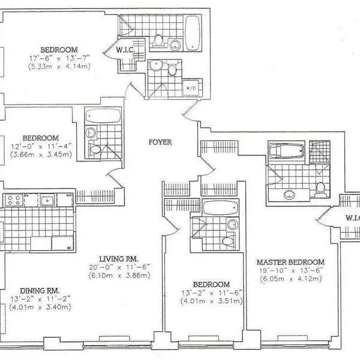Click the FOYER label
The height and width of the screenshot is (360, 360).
pyautogui.click(x=160, y=143)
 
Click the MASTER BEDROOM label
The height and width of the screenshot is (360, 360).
pyautogui.click(x=290, y=262)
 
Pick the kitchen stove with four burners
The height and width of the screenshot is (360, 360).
pyautogui.click(x=13, y=200)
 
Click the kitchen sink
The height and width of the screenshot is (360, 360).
pyautogui.click(x=47, y=200)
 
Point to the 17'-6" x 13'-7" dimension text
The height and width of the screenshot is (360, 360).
pyautogui.click(x=58, y=58)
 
